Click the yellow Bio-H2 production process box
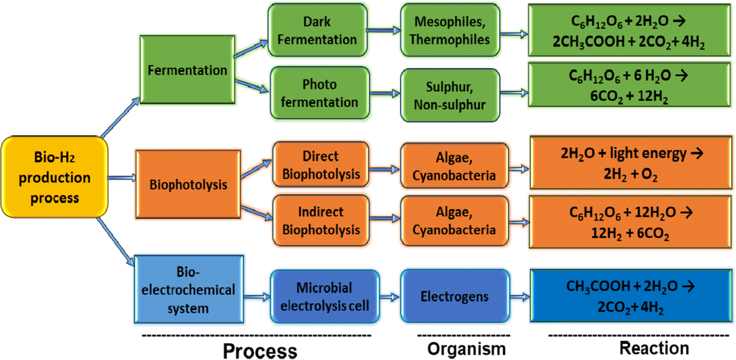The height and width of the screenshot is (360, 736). pyautogui.click(x=54, y=178)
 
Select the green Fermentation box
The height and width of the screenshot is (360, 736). pyautogui.click(x=187, y=70)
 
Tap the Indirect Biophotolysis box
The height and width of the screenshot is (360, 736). pyautogui.click(x=321, y=221)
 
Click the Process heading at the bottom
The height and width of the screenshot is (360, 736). pyautogui.click(x=260, y=350)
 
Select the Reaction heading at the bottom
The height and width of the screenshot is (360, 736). pyautogui.click(x=654, y=348)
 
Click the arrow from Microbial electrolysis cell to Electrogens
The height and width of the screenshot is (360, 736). pyautogui.click(x=390, y=297)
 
